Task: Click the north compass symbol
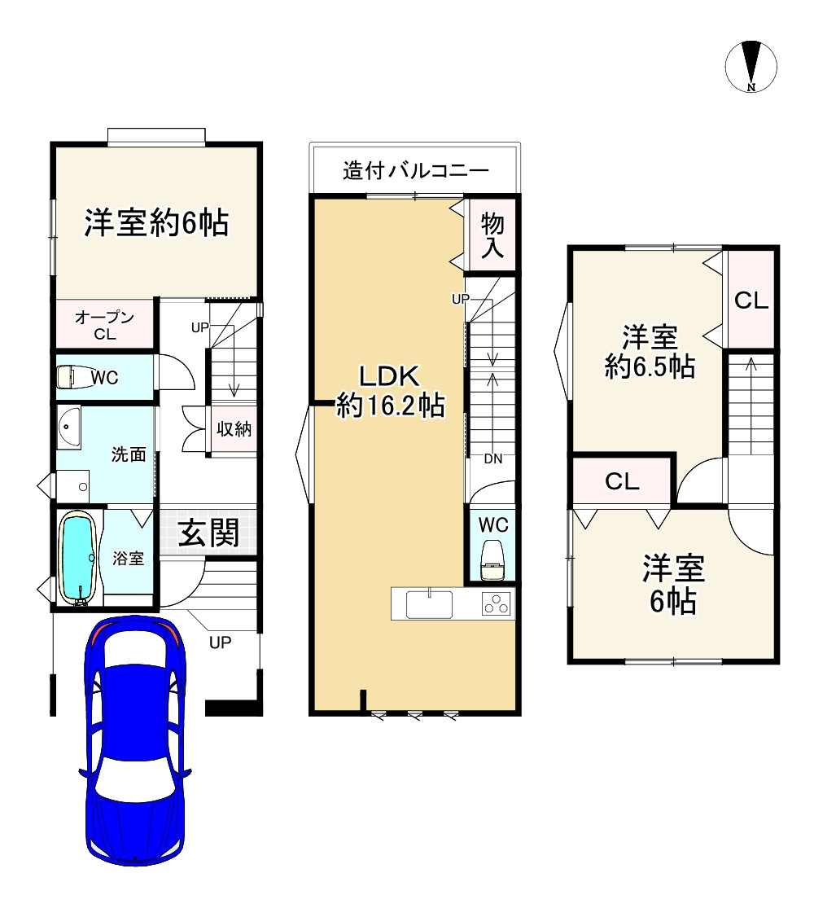(751, 66)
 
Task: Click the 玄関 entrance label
(208, 533)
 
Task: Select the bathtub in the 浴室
(79, 558)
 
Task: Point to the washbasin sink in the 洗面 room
(70, 428)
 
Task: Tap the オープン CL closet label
(104, 324)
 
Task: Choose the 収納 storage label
(234, 429)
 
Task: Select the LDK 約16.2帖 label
(390, 390)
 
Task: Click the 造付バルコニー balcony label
(415, 171)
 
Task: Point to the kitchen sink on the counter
(429, 604)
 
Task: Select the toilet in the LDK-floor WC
(492, 559)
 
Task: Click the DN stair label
(492, 458)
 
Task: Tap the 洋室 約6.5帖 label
(650, 351)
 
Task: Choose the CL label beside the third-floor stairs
(751, 300)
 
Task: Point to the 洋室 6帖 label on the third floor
(672, 585)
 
